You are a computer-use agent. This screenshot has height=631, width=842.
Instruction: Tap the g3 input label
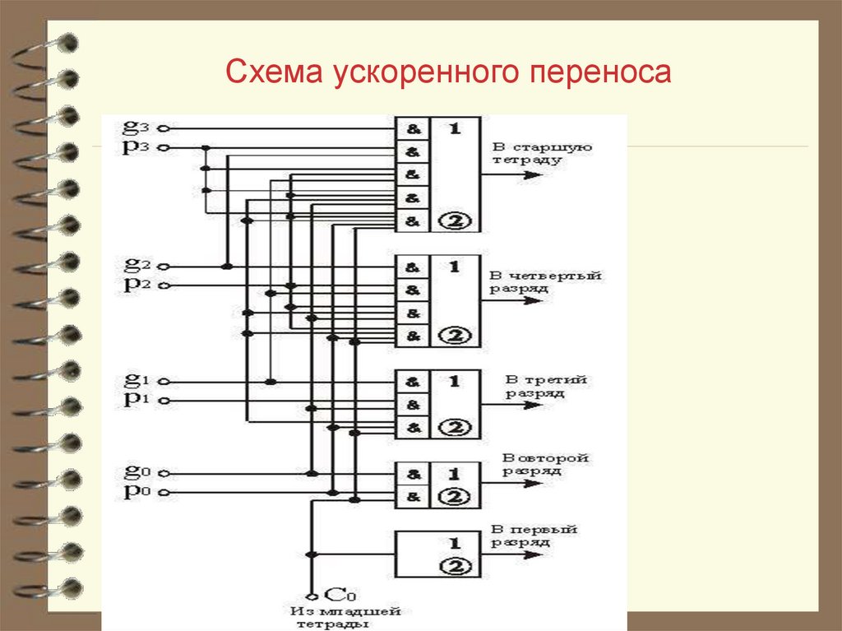(x=133, y=127)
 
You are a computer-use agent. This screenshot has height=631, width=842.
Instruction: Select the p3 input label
(x=133, y=147)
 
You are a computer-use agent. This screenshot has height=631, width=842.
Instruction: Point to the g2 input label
(x=133, y=265)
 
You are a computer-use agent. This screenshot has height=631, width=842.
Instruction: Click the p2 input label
(x=133, y=285)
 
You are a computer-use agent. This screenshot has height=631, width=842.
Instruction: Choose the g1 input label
(x=133, y=380)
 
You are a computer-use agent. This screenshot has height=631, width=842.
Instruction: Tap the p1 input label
(x=133, y=400)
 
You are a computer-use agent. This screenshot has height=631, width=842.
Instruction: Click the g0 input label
(x=133, y=472)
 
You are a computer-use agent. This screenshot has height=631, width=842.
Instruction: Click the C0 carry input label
(x=335, y=594)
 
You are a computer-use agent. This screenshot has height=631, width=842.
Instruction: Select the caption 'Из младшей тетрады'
(x=345, y=618)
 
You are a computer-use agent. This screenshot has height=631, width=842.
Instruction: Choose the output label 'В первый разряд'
(x=534, y=536)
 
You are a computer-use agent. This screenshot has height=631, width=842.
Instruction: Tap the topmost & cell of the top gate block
(x=413, y=128)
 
